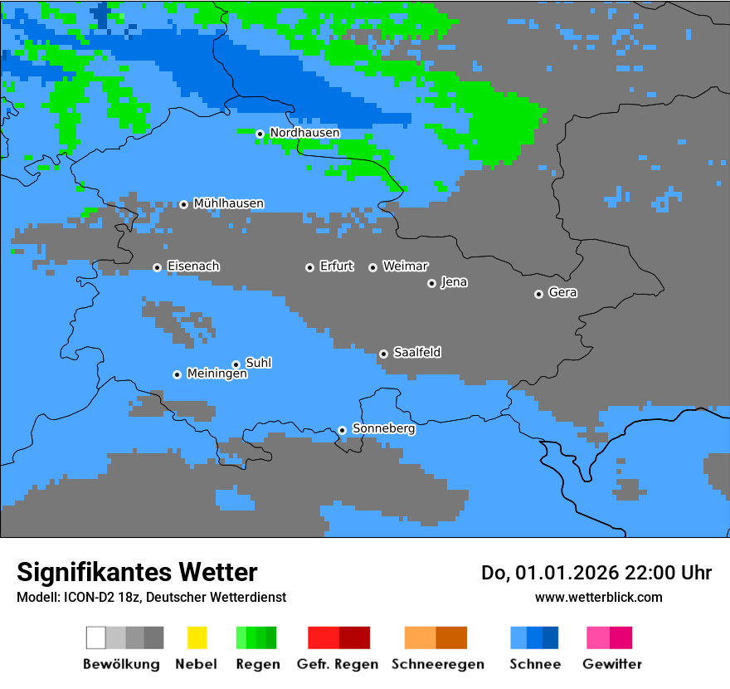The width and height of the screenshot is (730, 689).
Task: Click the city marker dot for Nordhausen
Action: pos(260,134)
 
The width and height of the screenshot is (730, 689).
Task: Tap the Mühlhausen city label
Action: pos(228,203)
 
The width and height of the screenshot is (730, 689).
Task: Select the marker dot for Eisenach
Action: pos(157,267)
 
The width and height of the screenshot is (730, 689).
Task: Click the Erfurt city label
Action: pos(336,266)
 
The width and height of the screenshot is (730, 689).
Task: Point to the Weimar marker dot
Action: pos(372,267)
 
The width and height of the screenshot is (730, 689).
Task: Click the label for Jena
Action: pos(454,282)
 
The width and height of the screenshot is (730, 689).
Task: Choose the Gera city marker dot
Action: pos(538,294)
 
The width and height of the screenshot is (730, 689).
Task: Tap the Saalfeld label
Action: pos(416,353)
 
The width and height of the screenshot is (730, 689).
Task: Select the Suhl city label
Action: pos(259,363)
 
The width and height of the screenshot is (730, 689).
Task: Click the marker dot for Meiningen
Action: pos(177,374)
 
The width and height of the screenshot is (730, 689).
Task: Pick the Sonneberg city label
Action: pos(383,429)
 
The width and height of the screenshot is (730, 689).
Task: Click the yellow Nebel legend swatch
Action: pos(197,638)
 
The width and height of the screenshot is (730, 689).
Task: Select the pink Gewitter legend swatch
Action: pos(598,638)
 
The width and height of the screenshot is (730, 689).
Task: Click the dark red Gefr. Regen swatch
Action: pos(354,638)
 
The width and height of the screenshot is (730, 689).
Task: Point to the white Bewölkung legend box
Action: pos(96,638)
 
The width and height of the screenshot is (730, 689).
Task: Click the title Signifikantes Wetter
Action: pos(137,572)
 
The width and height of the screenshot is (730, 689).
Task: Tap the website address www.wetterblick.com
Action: pos(598,597)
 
